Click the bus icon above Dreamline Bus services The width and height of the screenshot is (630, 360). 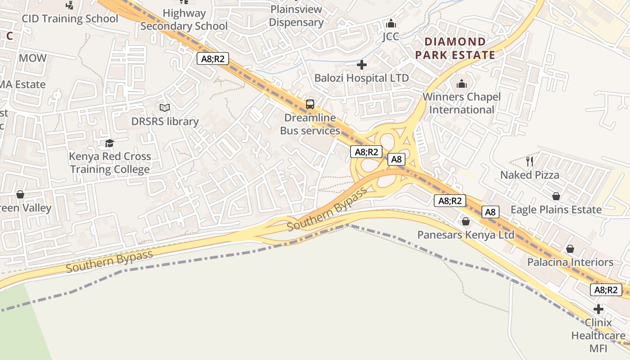pos(310,104)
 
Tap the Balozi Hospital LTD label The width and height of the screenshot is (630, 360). pos(361,78)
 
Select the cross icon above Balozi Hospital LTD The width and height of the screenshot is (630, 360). pos(361,65)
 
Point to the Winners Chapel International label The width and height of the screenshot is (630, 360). pos(462,103)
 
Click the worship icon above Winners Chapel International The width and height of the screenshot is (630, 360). pos(462,84)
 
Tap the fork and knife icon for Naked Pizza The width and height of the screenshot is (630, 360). pos(530,161)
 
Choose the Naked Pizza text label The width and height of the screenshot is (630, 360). pos(530,175)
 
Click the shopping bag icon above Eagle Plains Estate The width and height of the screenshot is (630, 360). pos(556,196)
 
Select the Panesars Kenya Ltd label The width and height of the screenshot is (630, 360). pos(466,235)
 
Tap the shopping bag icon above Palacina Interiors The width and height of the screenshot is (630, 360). pos(570,249)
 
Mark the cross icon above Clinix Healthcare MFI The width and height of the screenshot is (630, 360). pos(598,309)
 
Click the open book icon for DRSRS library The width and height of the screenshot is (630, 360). pos(165,108)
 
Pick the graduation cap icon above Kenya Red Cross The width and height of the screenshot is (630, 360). pos(109,143)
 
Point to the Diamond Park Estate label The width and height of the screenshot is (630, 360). pos(455,49)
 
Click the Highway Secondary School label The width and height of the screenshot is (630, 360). pos(184,20)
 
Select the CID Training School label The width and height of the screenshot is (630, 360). pos(70,18)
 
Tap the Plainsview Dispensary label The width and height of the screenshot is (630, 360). pos(296,16)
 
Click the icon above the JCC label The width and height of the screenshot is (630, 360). pos(391,23)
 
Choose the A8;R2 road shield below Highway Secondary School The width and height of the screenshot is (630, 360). pos(213,58)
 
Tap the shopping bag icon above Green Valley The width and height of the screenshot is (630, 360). pos(20,194)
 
